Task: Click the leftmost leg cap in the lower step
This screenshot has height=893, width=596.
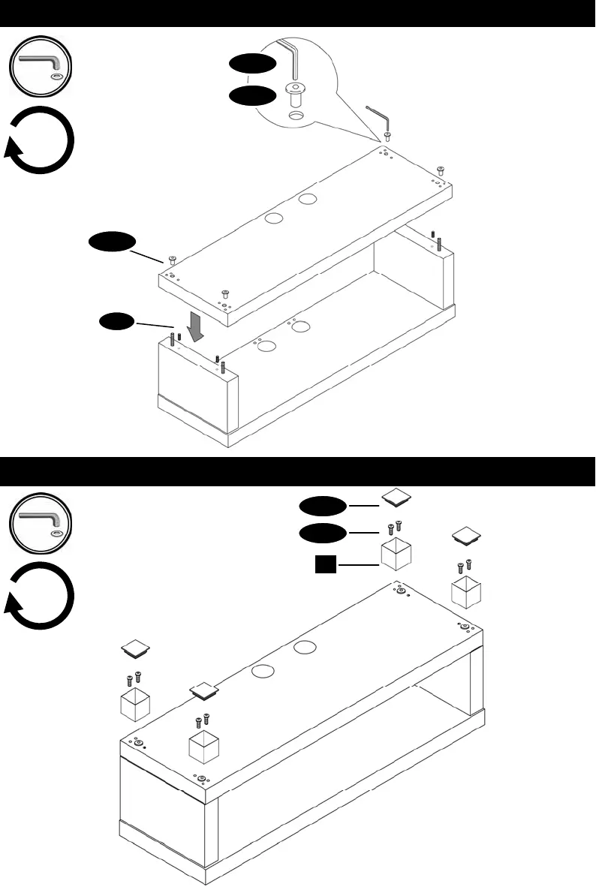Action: [x=136, y=647]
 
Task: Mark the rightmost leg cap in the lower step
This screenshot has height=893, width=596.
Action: [x=467, y=534]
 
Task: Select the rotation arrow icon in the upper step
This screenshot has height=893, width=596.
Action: [x=41, y=140]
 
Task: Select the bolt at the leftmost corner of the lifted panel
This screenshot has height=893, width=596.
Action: [x=172, y=260]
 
